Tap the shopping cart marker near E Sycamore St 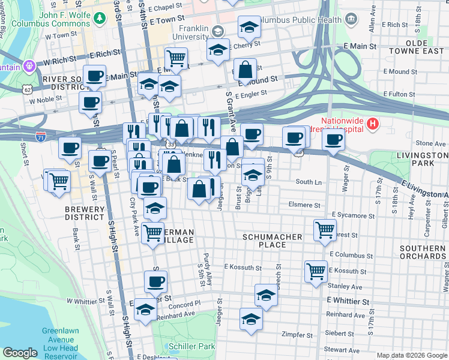point(325,230)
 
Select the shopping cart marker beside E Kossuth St point(316,272)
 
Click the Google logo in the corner point(20,353)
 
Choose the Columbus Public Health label point(303,20)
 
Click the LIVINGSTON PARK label point(423,159)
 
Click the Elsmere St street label point(306,204)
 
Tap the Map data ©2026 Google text point(412,355)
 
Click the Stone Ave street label point(431,143)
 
